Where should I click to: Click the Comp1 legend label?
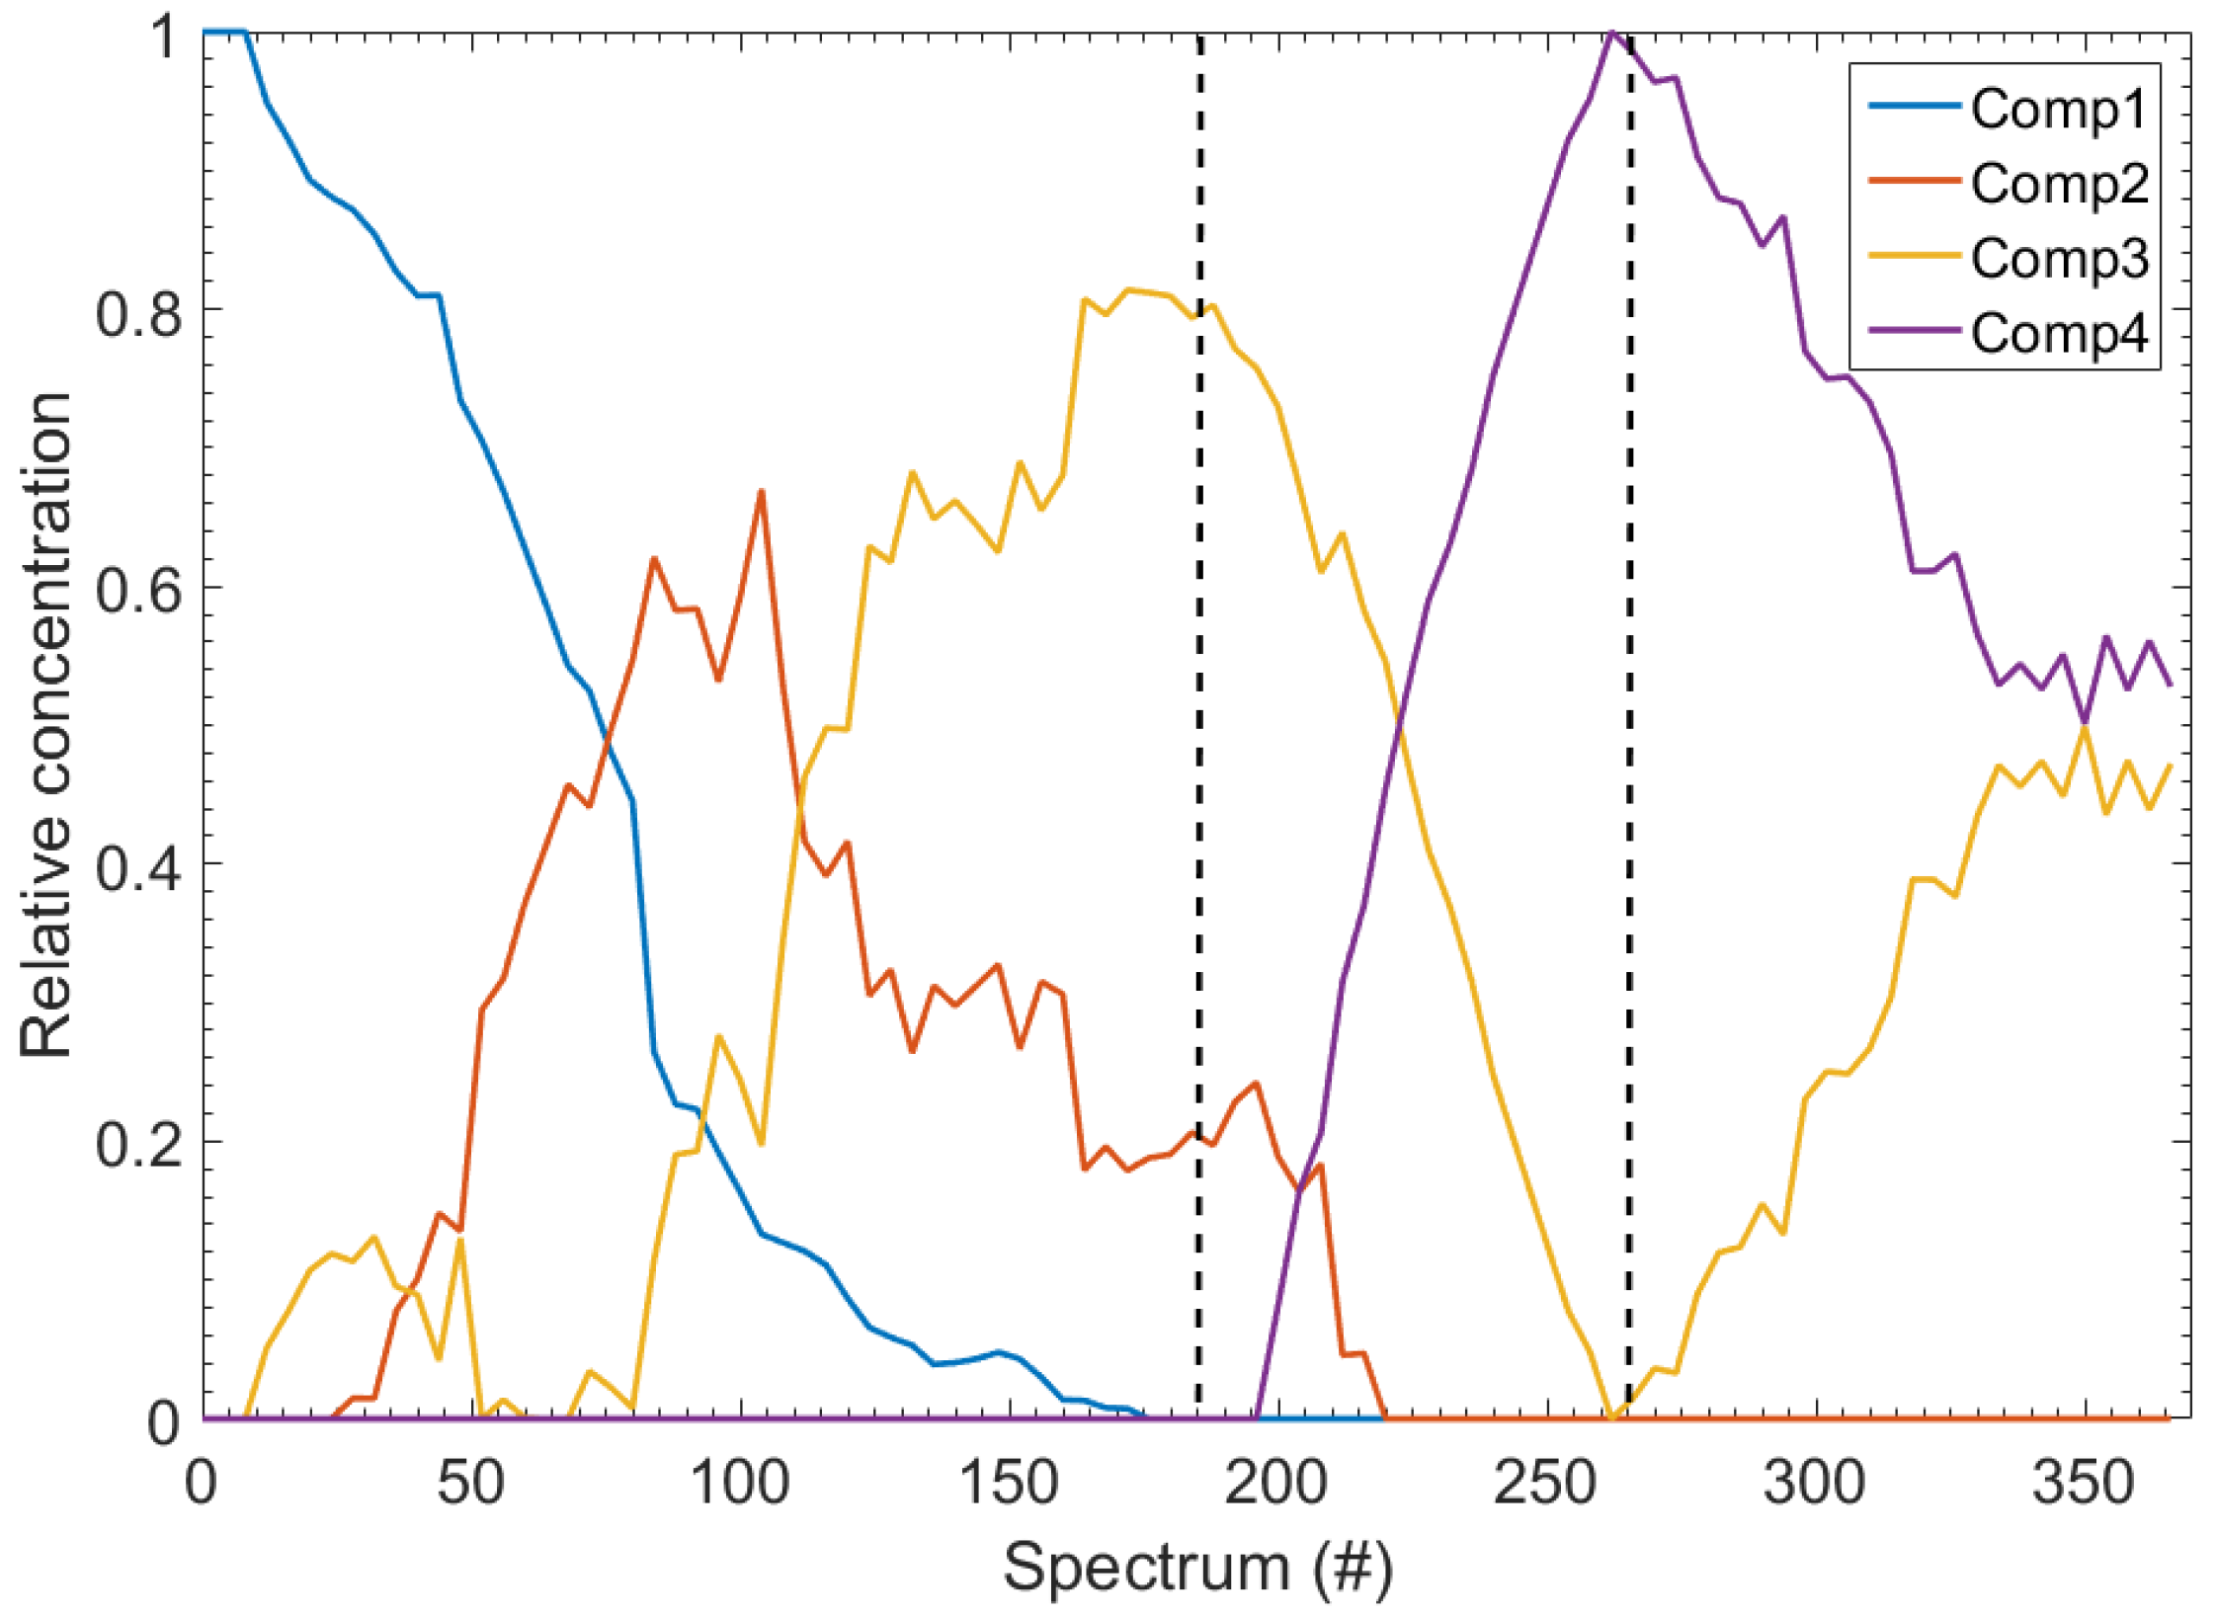click(2059, 109)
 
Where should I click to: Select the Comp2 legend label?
click(2059, 184)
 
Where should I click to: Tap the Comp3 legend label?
click(2059, 259)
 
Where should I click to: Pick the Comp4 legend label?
click(2059, 334)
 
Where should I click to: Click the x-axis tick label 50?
click(471, 1484)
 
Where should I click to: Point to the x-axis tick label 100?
click(740, 1484)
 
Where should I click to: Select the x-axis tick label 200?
click(1277, 1484)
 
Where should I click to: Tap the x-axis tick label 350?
click(2084, 1484)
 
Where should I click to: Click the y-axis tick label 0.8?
click(138, 312)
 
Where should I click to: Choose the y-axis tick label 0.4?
click(138, 866)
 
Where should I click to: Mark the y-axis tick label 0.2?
click(138, 1144)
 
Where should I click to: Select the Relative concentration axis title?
click(47, 726)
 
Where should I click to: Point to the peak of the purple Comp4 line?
click(1612, 33)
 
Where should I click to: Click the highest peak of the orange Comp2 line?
click(762, 491)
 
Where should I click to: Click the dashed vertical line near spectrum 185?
click(1198, 691)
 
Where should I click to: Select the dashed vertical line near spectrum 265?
click(1629, 691)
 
